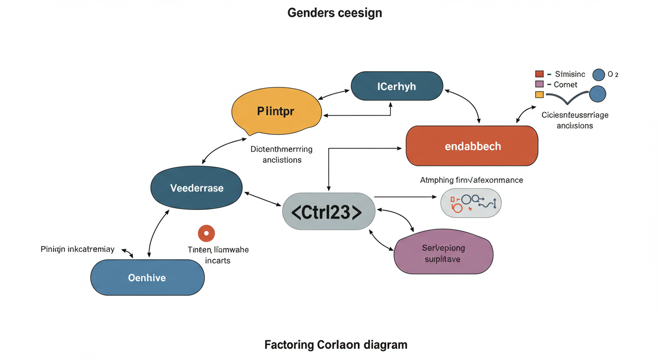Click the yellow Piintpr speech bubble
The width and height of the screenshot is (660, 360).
point(276,112)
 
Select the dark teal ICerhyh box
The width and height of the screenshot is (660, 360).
point(397,86)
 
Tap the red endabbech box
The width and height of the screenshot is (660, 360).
point(472,146)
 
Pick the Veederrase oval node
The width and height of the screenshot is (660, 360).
point(196,188)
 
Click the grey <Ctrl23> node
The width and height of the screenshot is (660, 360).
point(328,211)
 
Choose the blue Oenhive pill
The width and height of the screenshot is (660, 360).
point(147,277)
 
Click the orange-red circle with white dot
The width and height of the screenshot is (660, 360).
point(206,233)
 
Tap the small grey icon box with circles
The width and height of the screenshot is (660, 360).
point(471,203)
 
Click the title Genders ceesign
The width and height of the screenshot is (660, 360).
point(335,13)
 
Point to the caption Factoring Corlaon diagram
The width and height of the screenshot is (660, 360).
point(336,345)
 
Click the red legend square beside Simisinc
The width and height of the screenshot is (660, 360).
point(539,74)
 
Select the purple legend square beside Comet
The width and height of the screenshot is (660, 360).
point(539,84)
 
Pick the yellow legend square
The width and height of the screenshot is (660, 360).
point(539,94)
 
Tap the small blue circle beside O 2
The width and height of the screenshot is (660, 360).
point(599,75)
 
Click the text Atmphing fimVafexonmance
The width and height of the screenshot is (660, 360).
point(471,180)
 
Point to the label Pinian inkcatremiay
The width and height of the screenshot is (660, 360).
point(77,249)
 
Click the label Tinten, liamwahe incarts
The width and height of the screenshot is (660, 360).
point(218,255)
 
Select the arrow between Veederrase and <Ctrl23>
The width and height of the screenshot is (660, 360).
point(262,199)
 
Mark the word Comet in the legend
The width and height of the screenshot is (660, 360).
point(565,85)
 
